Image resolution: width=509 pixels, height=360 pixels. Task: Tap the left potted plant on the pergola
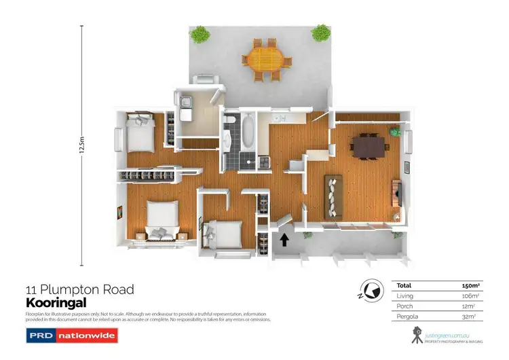click(x=199, y=33)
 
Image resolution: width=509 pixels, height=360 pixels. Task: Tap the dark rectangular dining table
click(x=367, y=145)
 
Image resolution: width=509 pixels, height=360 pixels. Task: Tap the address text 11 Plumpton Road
click(x=79, y=289)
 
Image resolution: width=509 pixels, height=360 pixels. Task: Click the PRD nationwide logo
click(x=72, y=335)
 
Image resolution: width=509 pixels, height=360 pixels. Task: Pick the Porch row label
click(x=403, y=306)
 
